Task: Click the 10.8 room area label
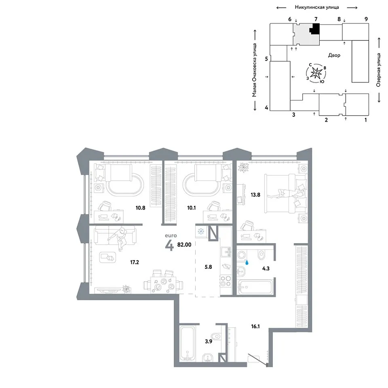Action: [x=140, y=208]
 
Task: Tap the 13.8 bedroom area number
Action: [x=255, y=195]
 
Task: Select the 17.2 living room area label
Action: [x=135, y=262]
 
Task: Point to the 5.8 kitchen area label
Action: [x=209, y=267]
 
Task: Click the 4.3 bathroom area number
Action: [x=266, y=268]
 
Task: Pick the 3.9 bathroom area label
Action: [x=209, y=342]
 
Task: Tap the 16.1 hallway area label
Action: [x=255, y=327]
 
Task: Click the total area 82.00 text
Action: [x=184, y=245]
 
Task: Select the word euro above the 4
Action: [x=171, y=236]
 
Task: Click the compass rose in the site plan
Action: [x=316, y=73]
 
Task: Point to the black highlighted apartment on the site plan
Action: [x=315, y=29]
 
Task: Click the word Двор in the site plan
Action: [x=334, y=55]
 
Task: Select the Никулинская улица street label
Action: [x=317, y=7]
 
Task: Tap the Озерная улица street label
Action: [x=378, y=70]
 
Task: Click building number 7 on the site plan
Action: [x=316, y=19]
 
